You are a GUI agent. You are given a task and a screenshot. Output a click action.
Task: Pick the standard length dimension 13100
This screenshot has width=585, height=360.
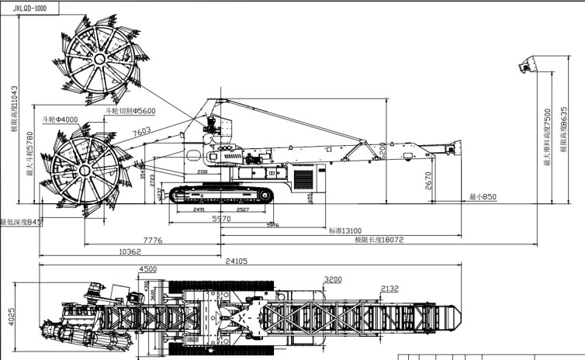(x=346, y=230)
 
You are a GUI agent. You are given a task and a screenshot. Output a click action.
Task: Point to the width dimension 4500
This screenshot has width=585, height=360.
(x=149, y=269)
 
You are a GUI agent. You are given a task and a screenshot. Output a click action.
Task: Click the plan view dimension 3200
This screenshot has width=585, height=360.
(x=334, y=279)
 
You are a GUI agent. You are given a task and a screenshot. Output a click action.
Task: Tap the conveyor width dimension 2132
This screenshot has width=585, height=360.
(x=390, y=289)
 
